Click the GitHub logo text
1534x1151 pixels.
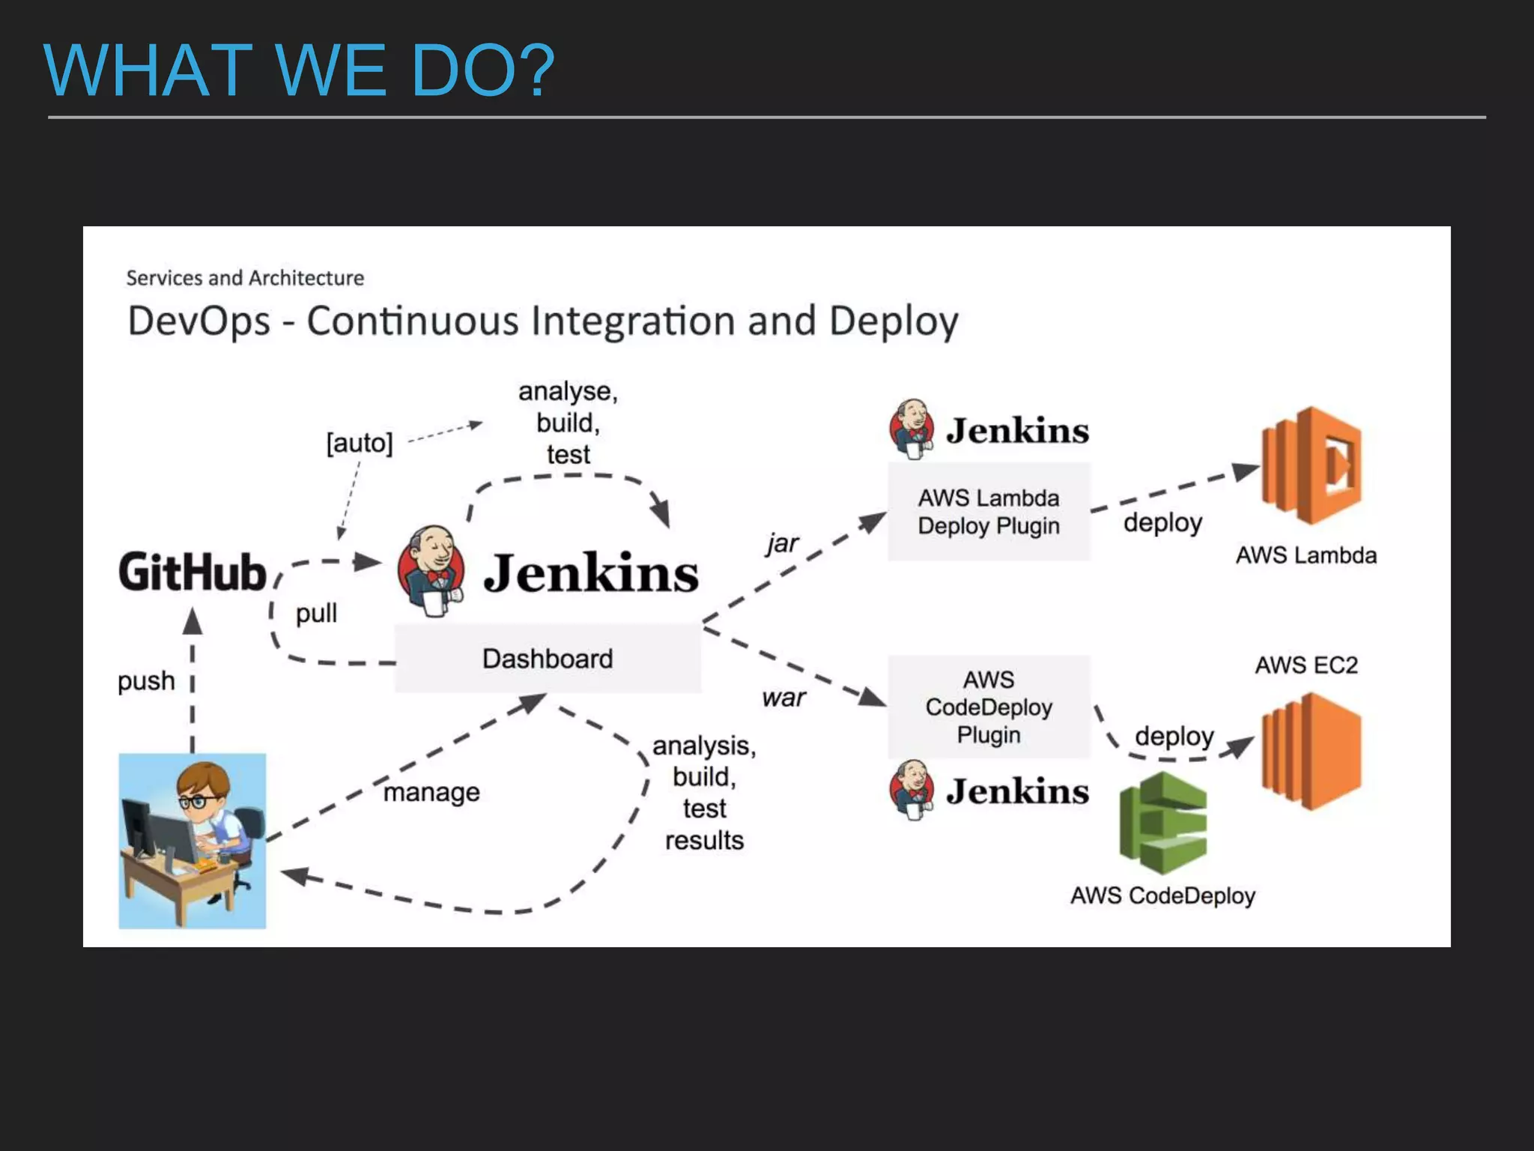[x=192, y=573]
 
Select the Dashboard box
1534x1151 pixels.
[x=548, y=658]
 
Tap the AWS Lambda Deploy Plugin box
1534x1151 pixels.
[x=989, y=512]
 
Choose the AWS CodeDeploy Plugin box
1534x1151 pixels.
[x=989, y=707]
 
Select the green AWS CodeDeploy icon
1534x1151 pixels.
[x=1162, y=823]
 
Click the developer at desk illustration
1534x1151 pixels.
[x=192, y=841]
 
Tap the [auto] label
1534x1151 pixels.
[x=360, y=443]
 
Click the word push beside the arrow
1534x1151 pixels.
[x=146, y=681]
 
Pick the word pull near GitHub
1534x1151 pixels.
[x=316, y=613]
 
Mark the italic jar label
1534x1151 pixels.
[x=783, y=543]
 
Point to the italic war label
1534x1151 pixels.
[x=783, y=698]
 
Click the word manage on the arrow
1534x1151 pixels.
[x=431, y=792]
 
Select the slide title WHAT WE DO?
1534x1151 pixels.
[x=299, y=70]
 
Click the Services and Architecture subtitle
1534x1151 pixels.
[x=245, y=278]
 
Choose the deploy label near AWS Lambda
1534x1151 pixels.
[x=1162, y=522]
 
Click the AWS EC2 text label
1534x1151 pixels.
[x=1306, y=665]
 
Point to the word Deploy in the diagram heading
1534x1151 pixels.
[x=894, y=321]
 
